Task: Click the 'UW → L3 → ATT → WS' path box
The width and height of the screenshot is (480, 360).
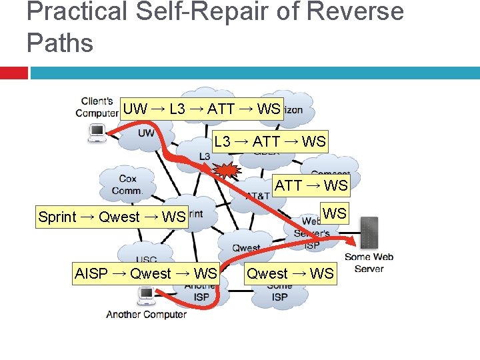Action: click(x=202, y=109)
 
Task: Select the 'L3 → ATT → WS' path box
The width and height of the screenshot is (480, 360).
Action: click(x=269, y=141)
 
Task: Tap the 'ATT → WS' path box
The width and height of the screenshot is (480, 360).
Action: click(x=311, y=185)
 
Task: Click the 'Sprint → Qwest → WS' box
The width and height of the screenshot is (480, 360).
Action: click(x=111, y=217)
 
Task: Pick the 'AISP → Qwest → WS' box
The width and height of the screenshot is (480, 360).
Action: click(x=146, y=273)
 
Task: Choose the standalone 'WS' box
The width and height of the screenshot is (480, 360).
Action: click(x=335, y=213)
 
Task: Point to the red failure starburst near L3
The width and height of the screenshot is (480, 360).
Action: click(x=227, y=171)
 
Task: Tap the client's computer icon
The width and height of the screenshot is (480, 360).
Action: click(x=97, y=133)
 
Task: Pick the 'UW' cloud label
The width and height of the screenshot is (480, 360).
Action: click(x=146, y=133)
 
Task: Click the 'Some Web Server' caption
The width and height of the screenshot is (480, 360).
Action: click(x=369, y=263)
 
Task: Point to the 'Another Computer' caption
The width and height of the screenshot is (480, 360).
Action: click(x=146, y=315)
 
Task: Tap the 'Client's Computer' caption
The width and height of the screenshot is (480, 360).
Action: click(x=97, y=107)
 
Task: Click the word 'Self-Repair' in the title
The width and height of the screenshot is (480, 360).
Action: click(x=201, y=13)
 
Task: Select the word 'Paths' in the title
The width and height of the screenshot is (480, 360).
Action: click(x=60, y=43)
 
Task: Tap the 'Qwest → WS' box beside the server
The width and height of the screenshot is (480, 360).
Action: click(x=290, y=273)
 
